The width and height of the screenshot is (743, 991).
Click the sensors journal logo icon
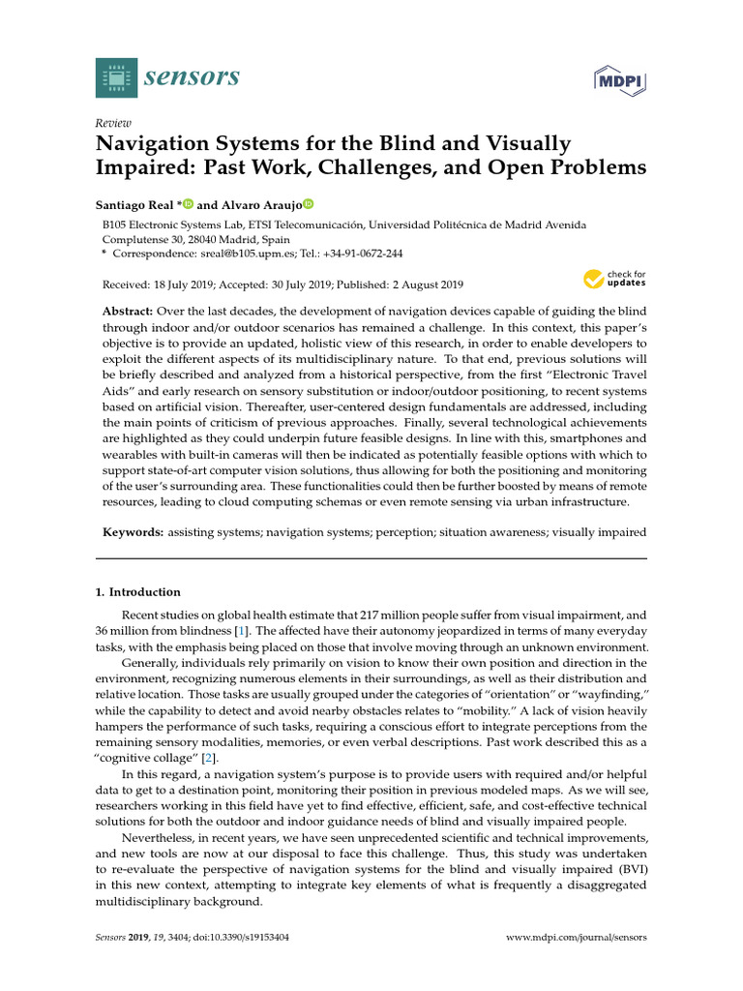116,76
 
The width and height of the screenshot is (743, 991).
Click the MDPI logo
618,80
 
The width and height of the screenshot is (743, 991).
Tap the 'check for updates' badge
613,280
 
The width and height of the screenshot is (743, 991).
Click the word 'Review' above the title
114,123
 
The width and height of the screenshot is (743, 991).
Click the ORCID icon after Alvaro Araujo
309,204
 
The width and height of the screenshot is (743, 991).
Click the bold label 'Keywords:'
134,533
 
